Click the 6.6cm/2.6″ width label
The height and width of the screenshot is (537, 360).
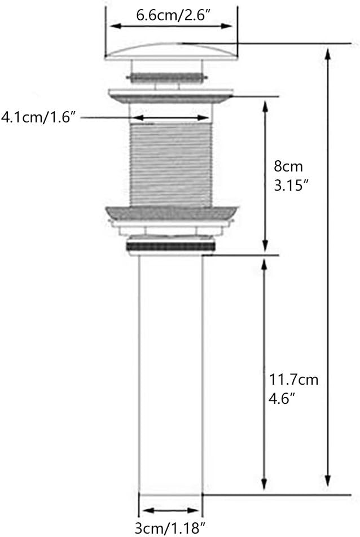coord(173,15)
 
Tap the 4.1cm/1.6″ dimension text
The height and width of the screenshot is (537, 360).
coord(38,117)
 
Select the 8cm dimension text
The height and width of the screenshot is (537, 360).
coord(288,166)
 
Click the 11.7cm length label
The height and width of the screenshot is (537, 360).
coord(293,380)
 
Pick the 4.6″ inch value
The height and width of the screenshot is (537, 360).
coord(282,399)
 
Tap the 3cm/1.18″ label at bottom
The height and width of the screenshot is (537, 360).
coord(170,528)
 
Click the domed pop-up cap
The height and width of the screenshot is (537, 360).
coord(171,51)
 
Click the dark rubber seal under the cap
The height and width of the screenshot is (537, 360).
coord(168,78)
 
